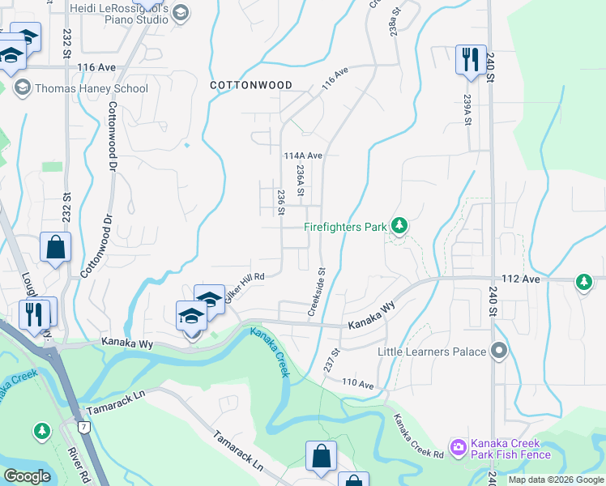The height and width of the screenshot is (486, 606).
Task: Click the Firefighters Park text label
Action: tap(345, 228)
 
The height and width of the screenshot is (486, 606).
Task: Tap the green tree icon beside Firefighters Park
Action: tap(399, 226)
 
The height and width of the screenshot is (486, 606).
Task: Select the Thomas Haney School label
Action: tap(91, 89)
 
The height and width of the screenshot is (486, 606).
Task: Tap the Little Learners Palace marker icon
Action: tap(499, 352)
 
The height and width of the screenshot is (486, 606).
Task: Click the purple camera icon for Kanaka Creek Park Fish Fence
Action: tap(459, 447)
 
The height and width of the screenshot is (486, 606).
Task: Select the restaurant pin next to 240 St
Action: tap(469, 60)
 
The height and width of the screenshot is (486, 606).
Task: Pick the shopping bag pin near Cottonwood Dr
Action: tap(55, 247)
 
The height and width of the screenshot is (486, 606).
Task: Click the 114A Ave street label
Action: tap(304, 156)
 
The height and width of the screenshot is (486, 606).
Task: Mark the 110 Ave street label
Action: tap(358, 383)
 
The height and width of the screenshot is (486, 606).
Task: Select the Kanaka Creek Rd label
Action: tap(419, 435)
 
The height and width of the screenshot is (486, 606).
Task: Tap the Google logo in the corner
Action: tap(27, 477)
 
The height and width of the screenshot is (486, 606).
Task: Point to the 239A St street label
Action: tap(467, 110)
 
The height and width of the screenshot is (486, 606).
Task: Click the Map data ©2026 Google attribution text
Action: tap(556, 480)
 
